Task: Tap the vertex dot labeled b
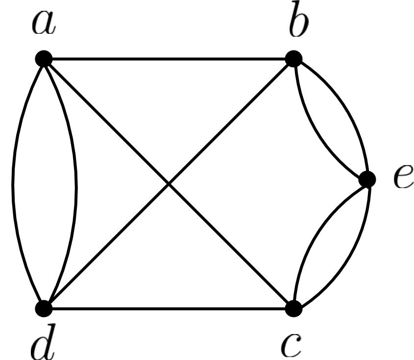(293, 59)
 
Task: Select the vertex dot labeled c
(293, 309)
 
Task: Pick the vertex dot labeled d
(44, 309)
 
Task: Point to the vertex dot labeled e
(367, 179)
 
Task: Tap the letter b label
(297, 24)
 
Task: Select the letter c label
(292, 344)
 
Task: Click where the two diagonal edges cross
(169, 184)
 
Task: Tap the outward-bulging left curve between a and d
(13, 184)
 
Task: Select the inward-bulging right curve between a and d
(76, 184)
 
